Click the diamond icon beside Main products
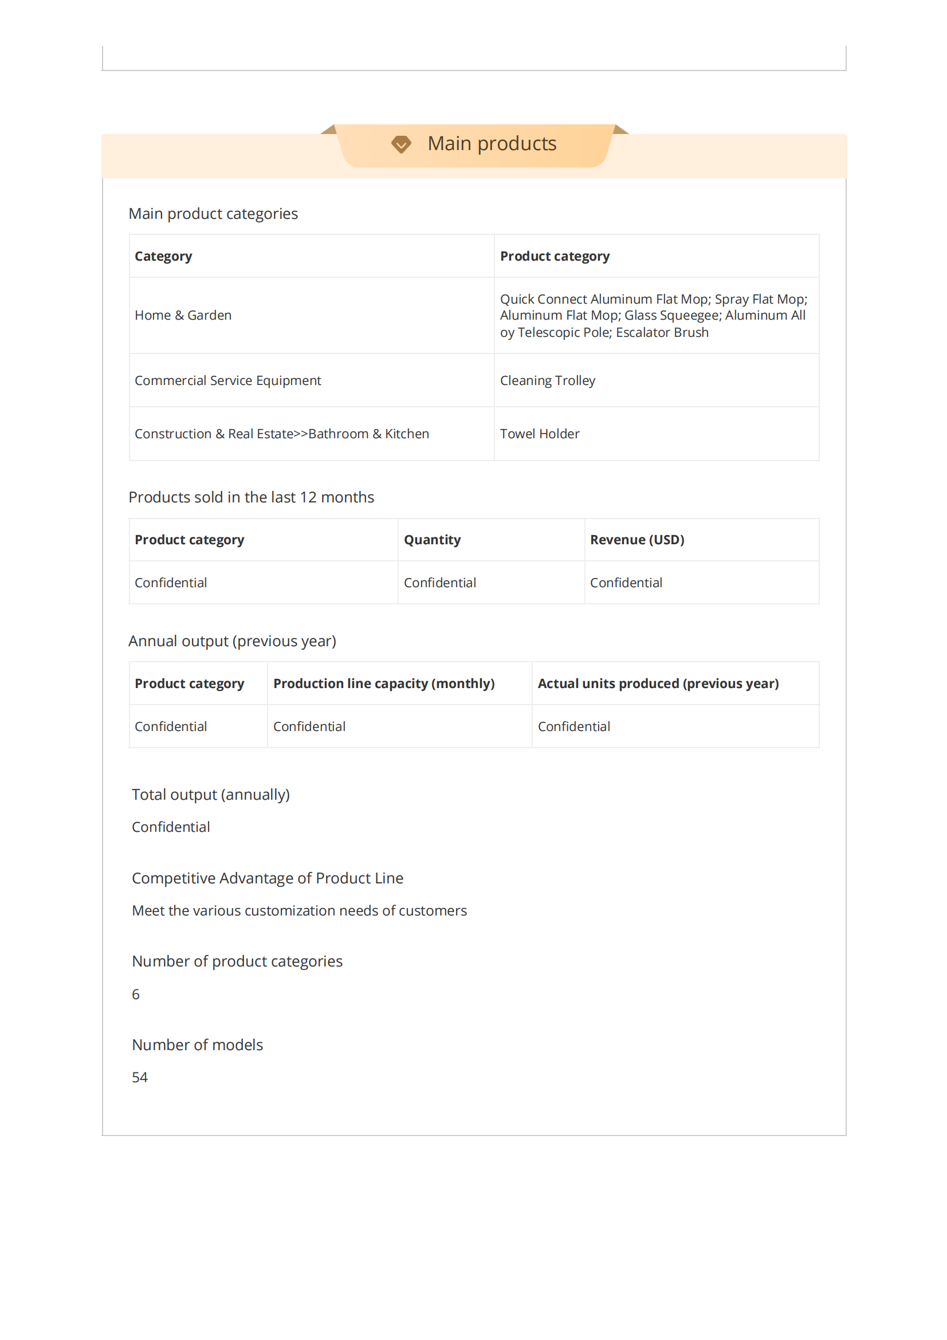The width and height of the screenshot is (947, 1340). (x=401, y=144)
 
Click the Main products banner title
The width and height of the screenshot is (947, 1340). (x=492, y=144)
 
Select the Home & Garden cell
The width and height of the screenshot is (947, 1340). (x=183, y=315)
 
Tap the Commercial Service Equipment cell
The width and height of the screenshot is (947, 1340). (x=227, y=380)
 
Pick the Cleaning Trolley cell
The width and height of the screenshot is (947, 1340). (x=547, y=380)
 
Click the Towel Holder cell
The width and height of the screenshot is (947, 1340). (x=540, y=434)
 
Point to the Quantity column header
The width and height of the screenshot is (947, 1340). (x=433, y=540)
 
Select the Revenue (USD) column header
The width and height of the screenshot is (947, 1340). (x=637, y=540)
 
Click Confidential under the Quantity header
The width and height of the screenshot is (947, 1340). (x=440, y=583)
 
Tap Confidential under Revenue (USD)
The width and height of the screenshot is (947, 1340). (x=626, y=583)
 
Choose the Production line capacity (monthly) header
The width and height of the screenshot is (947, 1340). (x=384, y=683)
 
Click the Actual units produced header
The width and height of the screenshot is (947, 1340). (x=658, y=683)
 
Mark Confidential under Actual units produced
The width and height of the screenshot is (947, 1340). (x=574, y=726)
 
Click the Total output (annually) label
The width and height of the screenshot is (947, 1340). (x=211, y=794)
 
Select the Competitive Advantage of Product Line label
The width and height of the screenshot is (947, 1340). (x=267, y=878)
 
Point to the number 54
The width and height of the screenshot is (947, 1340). (x=140, y=1078)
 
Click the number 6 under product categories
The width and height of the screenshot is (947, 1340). (x=136, y=995)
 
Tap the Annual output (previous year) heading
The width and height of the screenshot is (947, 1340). (x=232, y=641)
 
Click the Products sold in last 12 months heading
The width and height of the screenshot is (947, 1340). (x=251, y=497)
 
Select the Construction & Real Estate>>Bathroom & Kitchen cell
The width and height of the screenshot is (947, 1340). (x=282, y=434)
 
